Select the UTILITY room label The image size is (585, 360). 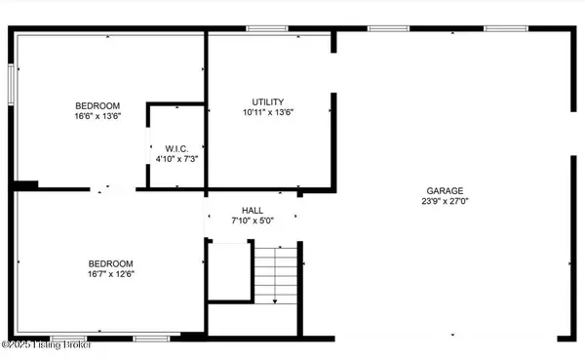[267, 101]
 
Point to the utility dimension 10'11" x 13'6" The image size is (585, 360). [267, 112]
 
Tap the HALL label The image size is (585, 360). [253, 211]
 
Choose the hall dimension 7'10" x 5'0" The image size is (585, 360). [253, 220]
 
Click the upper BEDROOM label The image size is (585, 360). [97, 105]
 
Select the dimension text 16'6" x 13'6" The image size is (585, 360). [97, 116]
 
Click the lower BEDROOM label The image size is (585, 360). [111, 263]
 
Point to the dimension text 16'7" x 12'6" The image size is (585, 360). [111, 274]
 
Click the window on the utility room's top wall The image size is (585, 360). [260, 29]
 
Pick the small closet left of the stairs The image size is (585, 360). [228, 273]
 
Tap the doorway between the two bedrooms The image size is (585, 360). [114, 189]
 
